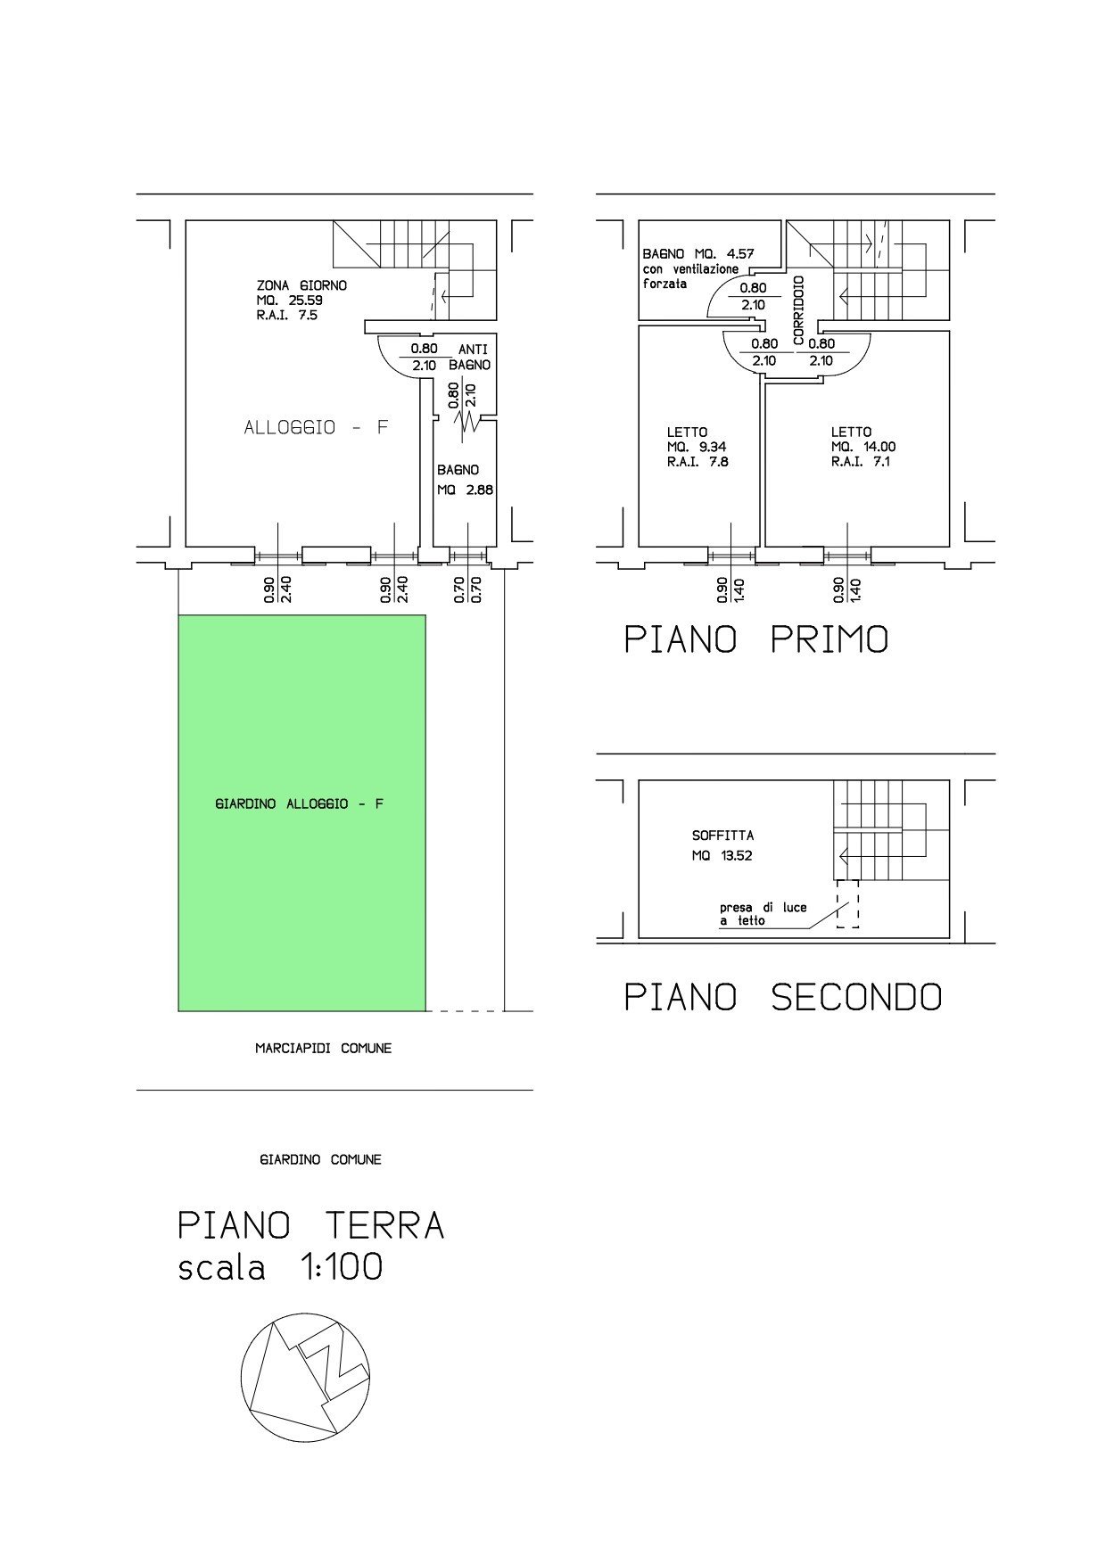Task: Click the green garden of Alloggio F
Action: [301, 812]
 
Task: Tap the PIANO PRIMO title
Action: [755, 639]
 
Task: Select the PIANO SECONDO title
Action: [782, 996]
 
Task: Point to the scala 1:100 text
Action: [280, 1266]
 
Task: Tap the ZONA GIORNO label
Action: [301, 285]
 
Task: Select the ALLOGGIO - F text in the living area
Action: [317, 427]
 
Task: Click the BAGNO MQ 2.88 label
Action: [465, 480]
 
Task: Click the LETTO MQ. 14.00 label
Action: [863, 447]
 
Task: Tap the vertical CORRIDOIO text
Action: [799, 310]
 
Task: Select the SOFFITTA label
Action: [722, 836]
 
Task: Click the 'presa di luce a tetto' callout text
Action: [763, 914]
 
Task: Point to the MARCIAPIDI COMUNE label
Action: [323, 1049]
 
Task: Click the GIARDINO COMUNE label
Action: [320, 1159]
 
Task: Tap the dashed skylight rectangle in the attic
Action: [847, 903]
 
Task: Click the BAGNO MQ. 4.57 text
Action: [698, 254]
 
